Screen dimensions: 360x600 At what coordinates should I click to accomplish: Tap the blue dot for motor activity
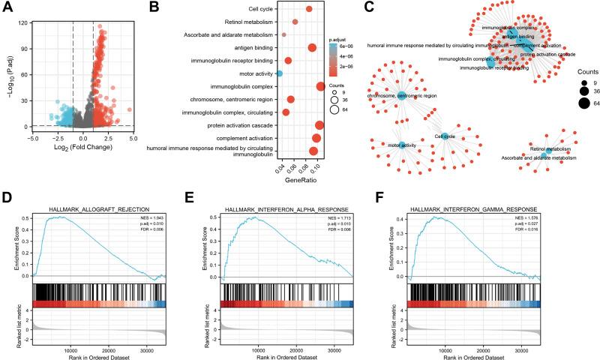280,73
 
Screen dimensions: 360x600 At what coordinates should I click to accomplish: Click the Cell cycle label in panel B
259,9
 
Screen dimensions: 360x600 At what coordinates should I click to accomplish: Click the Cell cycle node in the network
445,136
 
